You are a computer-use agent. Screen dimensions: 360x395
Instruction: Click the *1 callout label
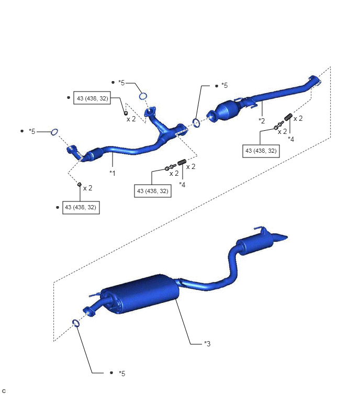(x=113, y=173)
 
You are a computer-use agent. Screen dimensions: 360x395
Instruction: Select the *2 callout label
(x=262, y=121)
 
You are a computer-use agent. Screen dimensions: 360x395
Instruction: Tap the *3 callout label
(x=207, y=344)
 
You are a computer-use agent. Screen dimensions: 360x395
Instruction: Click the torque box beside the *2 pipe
(x=261, y=151)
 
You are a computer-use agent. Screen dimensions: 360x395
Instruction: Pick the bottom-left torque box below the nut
(x=81, y=207)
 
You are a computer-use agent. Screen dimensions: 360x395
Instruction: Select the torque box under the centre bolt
(x=153, y=191)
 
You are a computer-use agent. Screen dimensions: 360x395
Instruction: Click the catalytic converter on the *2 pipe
(x=227, y=111)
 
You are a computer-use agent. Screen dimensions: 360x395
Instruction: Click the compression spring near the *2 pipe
(x=288, y=117)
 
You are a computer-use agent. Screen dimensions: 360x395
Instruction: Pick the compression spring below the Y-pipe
(x=182, y=162)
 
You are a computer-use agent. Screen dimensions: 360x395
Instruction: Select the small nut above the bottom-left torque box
(x=79, y=184)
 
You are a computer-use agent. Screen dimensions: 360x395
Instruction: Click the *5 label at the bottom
(x=122, y=374)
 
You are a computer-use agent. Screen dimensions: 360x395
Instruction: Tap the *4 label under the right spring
(x=291, y=139)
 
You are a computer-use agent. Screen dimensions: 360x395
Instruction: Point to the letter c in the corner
(x=4, y=391)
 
